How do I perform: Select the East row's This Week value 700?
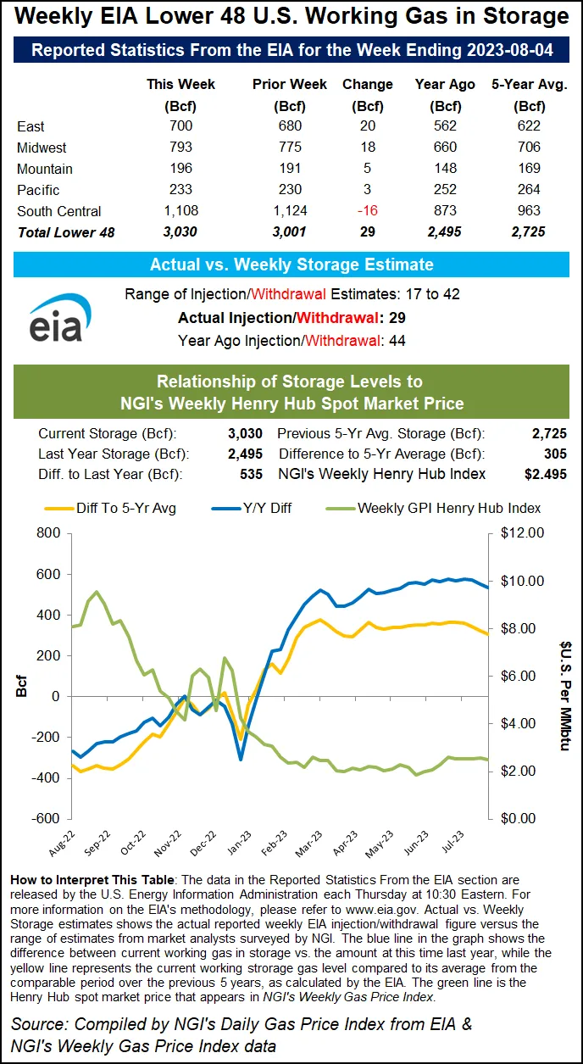180,126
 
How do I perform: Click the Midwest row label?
42,148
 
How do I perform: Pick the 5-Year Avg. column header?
530,85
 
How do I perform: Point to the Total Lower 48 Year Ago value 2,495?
437,232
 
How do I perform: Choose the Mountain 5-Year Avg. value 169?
530,169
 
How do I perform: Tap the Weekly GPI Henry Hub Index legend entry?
448,508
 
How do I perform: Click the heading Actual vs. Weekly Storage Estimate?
291,265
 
